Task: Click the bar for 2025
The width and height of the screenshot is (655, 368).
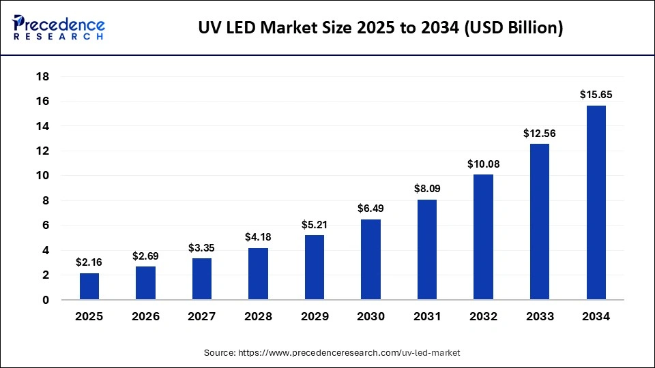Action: pyautogui.click(x=89, y=286)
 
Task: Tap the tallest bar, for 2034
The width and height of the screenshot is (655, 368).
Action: pyautogui.click(x=596, y=202)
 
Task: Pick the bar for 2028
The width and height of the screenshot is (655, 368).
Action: pyautogui.click(x=258, y=274)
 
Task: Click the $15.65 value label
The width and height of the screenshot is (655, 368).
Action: pyautogui.click(x=596, y=95)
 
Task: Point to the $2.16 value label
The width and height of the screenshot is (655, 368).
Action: pyautogui.click(x=89, y=262)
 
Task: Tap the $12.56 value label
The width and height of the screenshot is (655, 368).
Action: pyautogui.click(x=539, y=134)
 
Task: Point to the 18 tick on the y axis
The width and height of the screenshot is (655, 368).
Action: pyautogui.click(x=42, y=76)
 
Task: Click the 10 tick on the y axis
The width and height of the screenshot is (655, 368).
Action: pyautogui.click(x=42, y=176)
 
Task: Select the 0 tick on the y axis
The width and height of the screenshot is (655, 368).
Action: pyautogui.click(x=46, y=300)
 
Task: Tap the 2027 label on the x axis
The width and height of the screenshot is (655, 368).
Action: pyautogui.click(x=202, y=317)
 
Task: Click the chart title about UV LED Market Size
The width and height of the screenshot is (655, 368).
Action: pyautogui.click(x=380, y=29)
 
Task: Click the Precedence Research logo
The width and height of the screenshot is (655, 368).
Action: pyautogui.click(x=59, y=28)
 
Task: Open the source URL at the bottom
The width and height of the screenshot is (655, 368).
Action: pyautogui.click(x=332, y=353)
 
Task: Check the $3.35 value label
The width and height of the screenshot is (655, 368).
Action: pyautogui.click(x=202, y=247)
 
